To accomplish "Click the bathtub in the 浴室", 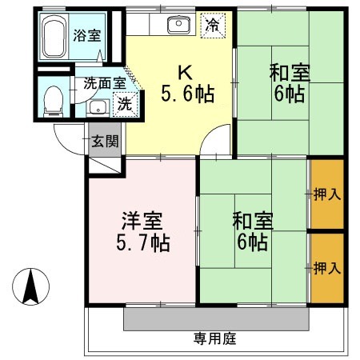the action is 54,36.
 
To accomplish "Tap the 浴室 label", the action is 87,36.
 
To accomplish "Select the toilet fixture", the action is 54,102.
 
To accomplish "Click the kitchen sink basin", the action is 178,24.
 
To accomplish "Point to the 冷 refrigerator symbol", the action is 213,26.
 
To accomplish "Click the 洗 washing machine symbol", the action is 125,104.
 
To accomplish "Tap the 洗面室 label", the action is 105,83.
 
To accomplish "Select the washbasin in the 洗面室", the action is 98,108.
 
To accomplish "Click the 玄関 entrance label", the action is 105,141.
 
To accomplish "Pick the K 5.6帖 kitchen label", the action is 187,83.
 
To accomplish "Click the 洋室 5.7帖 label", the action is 143,232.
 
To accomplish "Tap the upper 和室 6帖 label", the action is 290,82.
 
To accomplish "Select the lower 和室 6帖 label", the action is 253,231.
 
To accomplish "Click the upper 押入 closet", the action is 327,194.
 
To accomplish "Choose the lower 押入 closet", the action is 327,268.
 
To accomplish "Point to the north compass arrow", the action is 31,286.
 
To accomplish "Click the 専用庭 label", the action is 215,339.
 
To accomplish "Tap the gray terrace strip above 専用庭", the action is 216,319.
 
